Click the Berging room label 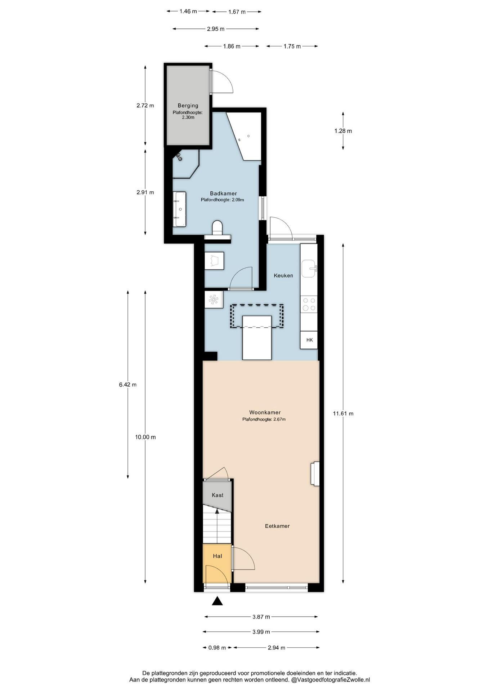coord(188,106)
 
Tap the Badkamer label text coord(223,194)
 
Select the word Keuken coord(283,275)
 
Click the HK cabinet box coord(309,340)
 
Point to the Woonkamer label coord(265,412)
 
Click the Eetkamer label coord(277,526)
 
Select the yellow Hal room coord(217,563)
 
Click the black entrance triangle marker coord(217,601)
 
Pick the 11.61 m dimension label coord(343,413)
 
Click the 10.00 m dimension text coord(145,437)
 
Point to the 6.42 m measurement coord(128,385)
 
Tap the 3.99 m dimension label coord(261,632)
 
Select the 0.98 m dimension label coord(217,648)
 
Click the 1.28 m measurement coord(343,131)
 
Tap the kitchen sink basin coord(309,269)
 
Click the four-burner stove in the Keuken coord(309,304)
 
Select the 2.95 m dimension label coord(216,29)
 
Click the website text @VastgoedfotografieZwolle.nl coord(331,680)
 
